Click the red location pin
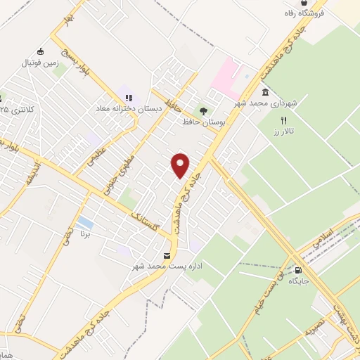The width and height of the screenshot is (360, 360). pyautogui.click(x=181, y=165)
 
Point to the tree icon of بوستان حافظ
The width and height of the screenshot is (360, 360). pyautogui.click(x=203, y=110)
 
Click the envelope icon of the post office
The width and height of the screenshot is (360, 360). pyautogui.click(x=167, y=255)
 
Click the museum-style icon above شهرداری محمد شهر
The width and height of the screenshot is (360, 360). pyautogui.click(x=265, y=92)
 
